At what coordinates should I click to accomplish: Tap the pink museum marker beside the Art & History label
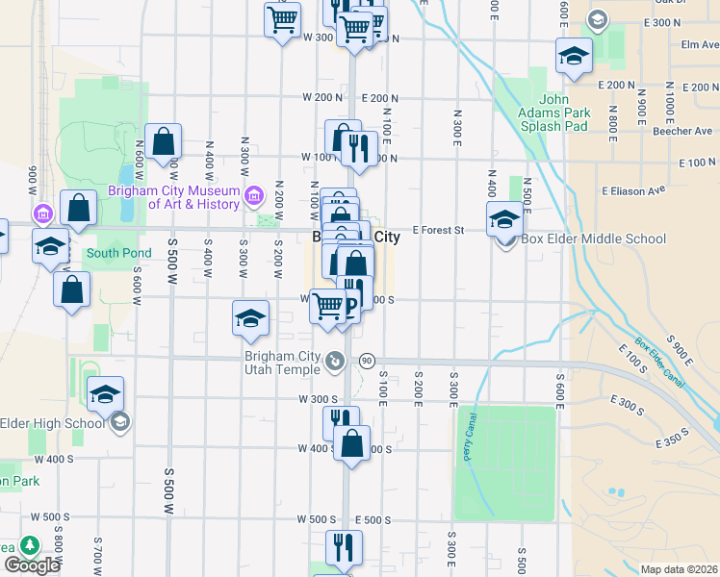pos(254,196)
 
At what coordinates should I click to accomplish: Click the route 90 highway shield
pos(367,361)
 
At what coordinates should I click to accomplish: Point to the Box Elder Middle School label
pos(593,239)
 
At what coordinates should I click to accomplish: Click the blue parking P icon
pos(350,307)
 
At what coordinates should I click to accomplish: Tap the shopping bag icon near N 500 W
pos(165,140)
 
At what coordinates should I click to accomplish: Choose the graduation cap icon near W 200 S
pos(250,318)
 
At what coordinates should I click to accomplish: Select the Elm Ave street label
pos(699,44)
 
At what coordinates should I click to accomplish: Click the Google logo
pos(32,564)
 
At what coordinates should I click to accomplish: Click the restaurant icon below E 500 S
pos(344,547)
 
